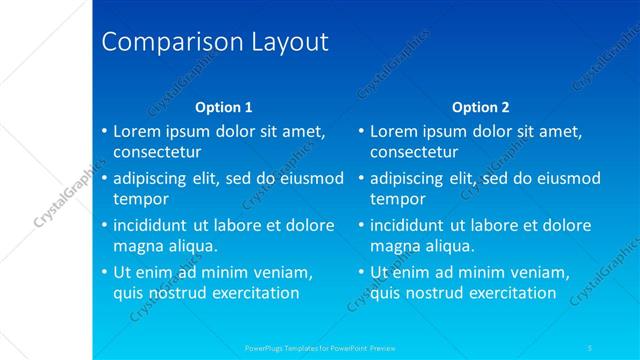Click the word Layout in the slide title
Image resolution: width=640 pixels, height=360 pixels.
point(283,43)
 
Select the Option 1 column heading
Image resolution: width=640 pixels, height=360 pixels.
point(224,107)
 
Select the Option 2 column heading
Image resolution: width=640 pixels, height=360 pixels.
point(481,107)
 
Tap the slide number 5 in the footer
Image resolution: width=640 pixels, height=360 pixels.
point(592,348)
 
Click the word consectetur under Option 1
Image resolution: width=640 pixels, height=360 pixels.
point(157,152)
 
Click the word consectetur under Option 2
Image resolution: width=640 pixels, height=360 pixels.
point(414,152)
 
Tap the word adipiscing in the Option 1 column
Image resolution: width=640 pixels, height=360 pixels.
point(155,179)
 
